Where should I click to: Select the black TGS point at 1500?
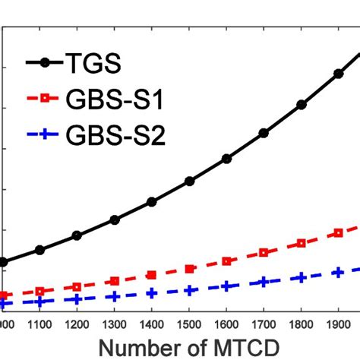[x=189, y=181]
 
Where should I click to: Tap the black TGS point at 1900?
[x=339, y=74]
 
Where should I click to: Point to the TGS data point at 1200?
[x=77, y=235]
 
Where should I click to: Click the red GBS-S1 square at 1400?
[x=152, y=275]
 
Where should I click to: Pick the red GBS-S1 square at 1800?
[x=302, y=243]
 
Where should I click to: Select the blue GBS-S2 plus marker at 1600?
[x=226, y=286]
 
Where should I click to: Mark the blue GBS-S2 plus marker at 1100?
[x=39, y=302]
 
